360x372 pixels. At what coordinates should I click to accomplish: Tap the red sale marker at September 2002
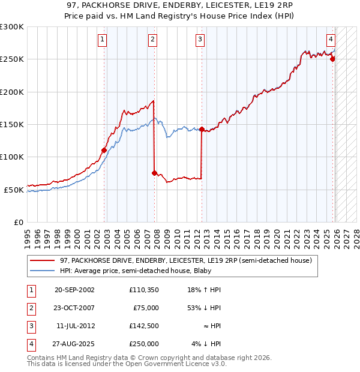104,150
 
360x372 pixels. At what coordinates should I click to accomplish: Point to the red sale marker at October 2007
154,173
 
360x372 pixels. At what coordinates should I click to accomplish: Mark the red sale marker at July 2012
202,129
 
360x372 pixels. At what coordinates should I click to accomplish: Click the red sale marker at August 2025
332,59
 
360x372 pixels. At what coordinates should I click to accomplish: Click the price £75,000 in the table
146,308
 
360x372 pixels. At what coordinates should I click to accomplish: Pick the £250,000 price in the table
143,344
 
